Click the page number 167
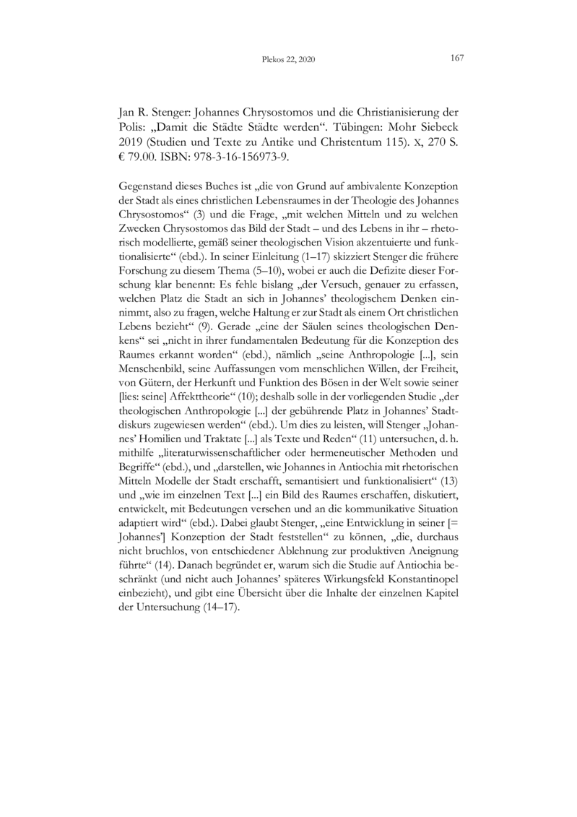click(x=456, y=58)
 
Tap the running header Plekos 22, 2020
click(x=288, y=59)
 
